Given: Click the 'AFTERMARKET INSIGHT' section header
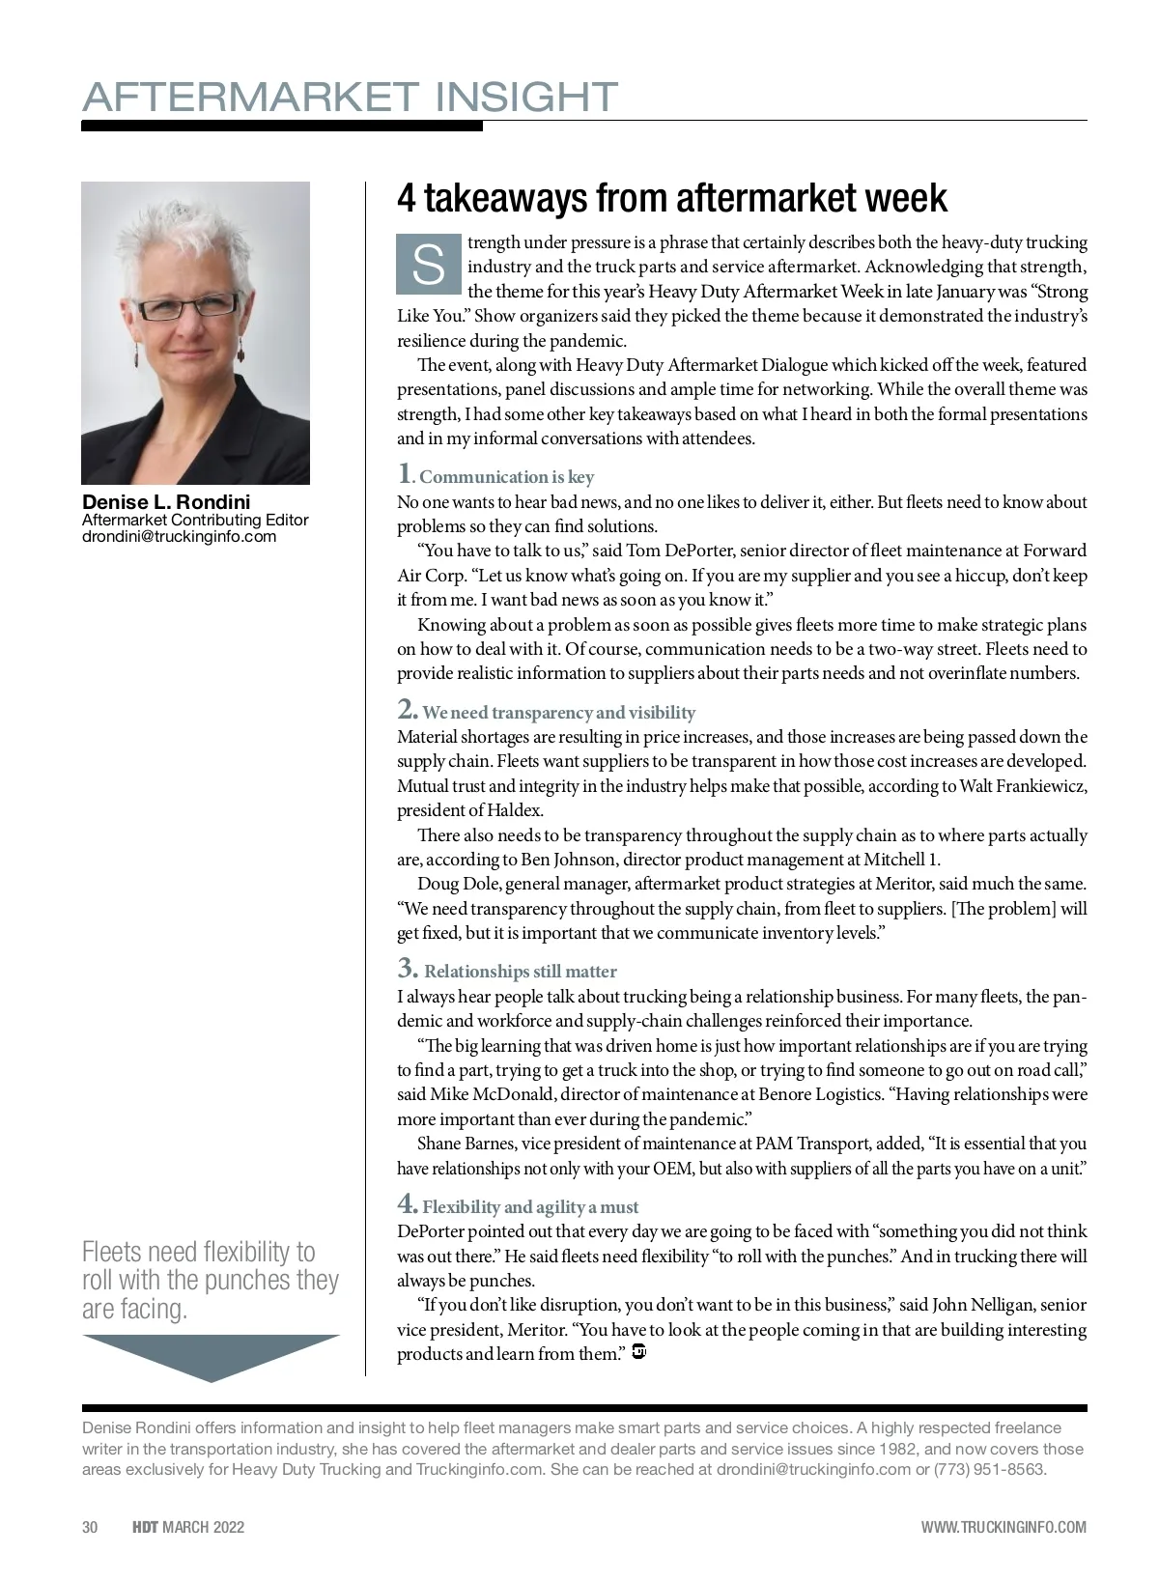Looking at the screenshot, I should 350,98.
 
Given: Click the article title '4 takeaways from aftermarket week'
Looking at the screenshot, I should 672,198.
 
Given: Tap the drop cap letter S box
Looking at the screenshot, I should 428,264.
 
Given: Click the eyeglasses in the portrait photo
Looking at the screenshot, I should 188,307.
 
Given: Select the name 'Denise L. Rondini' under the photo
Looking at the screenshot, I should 166,502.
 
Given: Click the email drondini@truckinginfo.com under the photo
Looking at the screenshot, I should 179,537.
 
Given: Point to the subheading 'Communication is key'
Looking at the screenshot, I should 506,477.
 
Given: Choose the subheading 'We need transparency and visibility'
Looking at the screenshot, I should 558,713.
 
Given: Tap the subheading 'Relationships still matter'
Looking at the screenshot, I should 520,972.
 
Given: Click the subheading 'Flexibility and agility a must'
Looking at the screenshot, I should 530,1207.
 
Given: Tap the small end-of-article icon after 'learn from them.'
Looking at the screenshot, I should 638,1352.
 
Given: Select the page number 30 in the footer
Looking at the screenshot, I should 90,1527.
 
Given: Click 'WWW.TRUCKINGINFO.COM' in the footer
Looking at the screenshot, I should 1004,1527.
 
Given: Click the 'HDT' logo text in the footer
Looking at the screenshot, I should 145,1527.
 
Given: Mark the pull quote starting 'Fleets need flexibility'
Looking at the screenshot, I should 210,1280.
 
